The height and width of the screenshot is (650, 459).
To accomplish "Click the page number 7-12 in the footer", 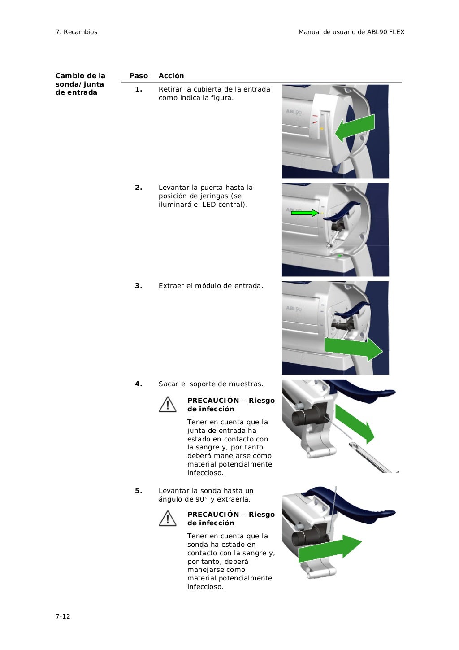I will coord(63,616).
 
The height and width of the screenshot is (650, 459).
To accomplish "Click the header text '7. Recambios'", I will coord(76,32).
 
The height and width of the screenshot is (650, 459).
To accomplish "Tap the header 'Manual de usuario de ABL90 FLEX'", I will coord(351,32).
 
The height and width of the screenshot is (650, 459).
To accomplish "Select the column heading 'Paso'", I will coord(139,76).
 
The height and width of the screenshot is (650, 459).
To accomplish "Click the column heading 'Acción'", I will coord(171,76).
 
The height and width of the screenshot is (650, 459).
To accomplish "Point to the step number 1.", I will coord(139,89).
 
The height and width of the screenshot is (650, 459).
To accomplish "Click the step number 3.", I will coord(139,286).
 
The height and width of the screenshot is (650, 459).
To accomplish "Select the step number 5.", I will coord(139,491).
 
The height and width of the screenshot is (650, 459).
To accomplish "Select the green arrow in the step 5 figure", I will coord(329,548).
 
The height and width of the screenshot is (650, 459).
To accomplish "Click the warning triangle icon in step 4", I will coord(167,404).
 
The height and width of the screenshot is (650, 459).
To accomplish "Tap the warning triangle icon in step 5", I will coord(167,519).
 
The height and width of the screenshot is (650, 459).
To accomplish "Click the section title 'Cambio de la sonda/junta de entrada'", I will coord(80,84).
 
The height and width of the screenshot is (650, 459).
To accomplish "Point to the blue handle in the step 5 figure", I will coord(359,507).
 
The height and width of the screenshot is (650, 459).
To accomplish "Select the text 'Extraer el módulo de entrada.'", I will coord(211,286).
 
